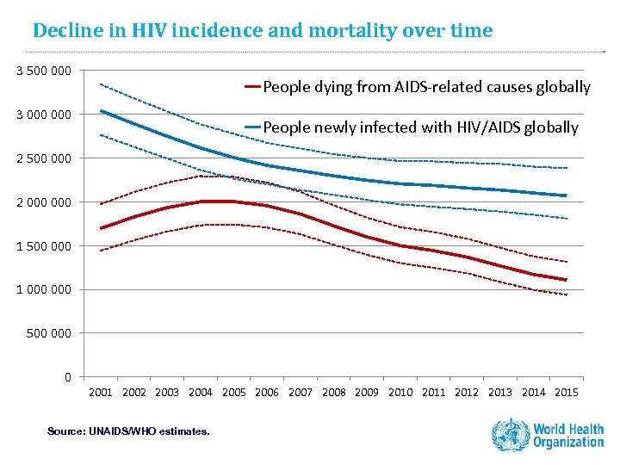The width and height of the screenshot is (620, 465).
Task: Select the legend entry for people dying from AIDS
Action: tap(426, 87)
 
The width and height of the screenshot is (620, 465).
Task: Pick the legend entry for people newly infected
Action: tap(420, 127)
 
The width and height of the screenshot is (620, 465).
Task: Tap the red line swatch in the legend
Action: tap(252, 87)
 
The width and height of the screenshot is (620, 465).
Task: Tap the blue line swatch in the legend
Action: tap(252, 127)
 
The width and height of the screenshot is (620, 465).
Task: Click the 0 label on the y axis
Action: tap(67, 376)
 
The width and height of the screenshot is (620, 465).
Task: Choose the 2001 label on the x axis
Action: tap(101, 393)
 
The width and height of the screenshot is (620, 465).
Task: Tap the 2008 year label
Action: tap(333, 393)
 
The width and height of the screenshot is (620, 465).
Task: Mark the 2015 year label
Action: tap(566, 393)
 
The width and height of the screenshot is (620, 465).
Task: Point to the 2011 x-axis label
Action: tap(433, 393)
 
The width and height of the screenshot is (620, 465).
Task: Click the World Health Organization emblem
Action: tap(510, 434)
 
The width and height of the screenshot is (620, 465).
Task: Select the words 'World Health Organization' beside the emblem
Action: tap(568, 435)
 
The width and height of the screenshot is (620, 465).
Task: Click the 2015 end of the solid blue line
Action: tap(566, 195)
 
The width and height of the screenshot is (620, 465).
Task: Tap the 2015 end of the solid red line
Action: tap(566, 280)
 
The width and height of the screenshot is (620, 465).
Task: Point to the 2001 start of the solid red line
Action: tap(101, 228)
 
